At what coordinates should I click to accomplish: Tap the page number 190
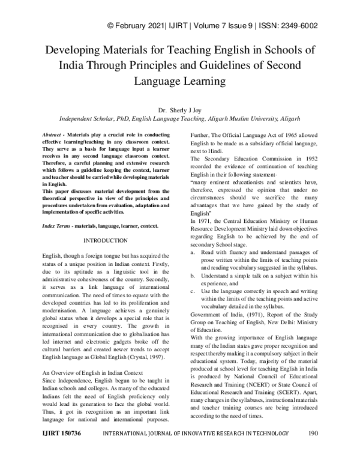(x=313, y=450)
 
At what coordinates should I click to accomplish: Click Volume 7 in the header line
(x=209, y=25)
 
